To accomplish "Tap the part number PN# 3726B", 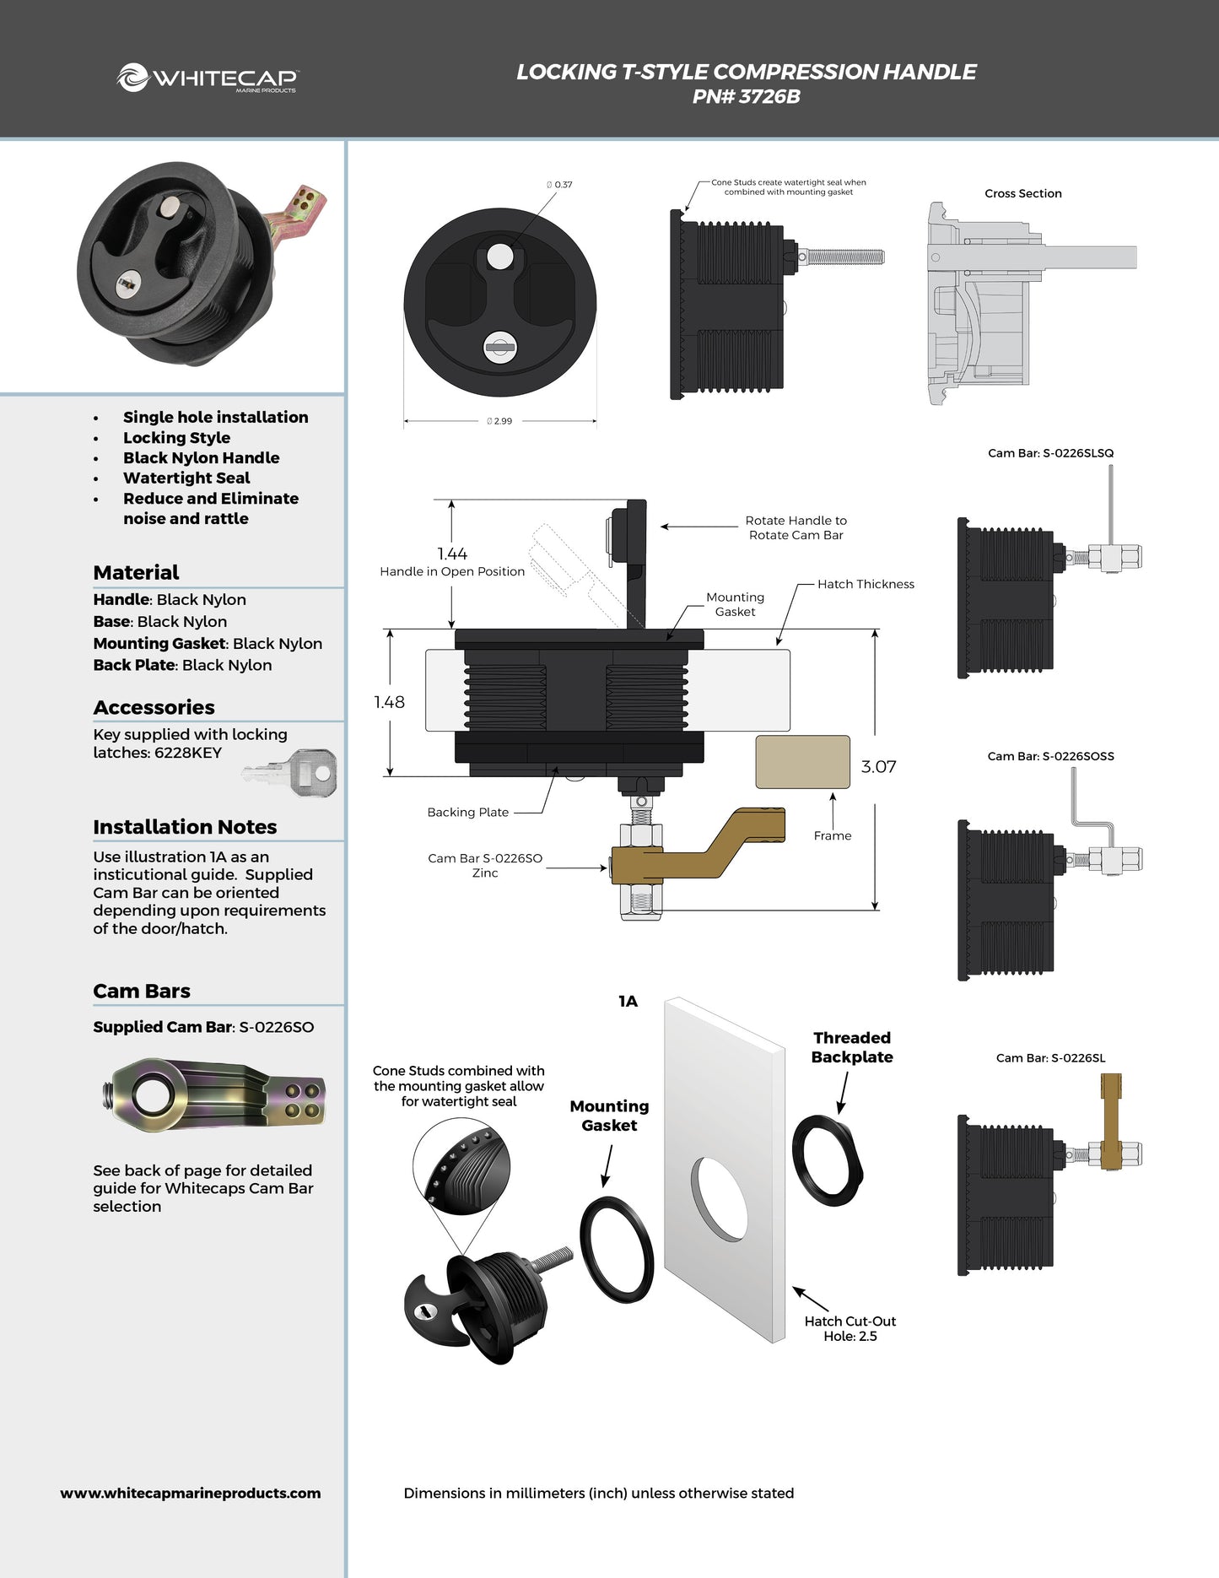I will (746, 97).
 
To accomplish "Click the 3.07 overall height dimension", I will (878, 767).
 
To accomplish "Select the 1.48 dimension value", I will (389, 702).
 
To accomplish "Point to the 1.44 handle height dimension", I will (452, 554).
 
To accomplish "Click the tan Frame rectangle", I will (802, 762).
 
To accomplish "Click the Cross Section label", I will (1022, 193).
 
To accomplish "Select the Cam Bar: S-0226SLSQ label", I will (1050, 453).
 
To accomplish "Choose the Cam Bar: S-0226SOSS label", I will (1050, 756).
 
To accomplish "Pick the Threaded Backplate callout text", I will (852, 1047).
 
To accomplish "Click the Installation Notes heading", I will (185, 827).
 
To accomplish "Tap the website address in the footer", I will (191, 1493).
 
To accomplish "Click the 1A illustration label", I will (628, 1002).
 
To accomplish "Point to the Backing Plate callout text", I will (467, 812).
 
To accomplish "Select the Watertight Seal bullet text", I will (186, 478).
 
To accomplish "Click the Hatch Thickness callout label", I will (866, 584).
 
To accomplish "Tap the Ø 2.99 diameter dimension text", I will (499, 421).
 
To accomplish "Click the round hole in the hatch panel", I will (720, 1198).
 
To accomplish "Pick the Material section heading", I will (136, 572).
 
